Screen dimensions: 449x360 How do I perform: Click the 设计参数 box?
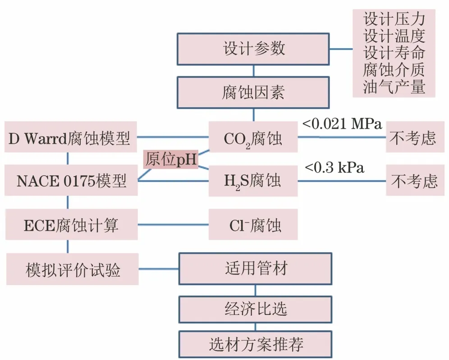pos(253,49)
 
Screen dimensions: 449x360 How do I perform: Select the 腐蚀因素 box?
pos(253,92)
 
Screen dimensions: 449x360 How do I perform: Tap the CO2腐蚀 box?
pos(253,137)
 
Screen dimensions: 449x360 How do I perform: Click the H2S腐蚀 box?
pos(253,181)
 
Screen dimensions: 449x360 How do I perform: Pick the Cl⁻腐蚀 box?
pos(253,224)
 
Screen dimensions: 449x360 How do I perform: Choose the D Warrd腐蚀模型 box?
pos(71,137)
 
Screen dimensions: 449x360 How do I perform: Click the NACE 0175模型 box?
pos(71,180)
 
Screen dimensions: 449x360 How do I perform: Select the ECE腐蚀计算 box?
pos(72,224)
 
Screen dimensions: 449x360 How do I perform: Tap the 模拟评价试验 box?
pos(73,269)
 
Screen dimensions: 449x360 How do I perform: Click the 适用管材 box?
pos(256,269)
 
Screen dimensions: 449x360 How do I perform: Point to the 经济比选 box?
pos(256,310)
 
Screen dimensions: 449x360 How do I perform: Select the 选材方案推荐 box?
pos(256,344)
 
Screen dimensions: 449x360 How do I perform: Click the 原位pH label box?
pos(171,159)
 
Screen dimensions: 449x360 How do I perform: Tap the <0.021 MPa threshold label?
pos(342,124)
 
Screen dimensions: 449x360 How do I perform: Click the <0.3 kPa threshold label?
pos(334,167)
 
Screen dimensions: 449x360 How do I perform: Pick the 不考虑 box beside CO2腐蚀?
pos(415,137)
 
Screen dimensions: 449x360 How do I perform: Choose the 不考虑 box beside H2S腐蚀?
pos(415,180)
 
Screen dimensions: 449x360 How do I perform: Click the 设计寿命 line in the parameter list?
pos(394,53)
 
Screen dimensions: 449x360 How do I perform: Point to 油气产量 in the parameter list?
pos(394,87)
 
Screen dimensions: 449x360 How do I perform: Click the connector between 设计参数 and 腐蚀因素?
pos(254,71)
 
